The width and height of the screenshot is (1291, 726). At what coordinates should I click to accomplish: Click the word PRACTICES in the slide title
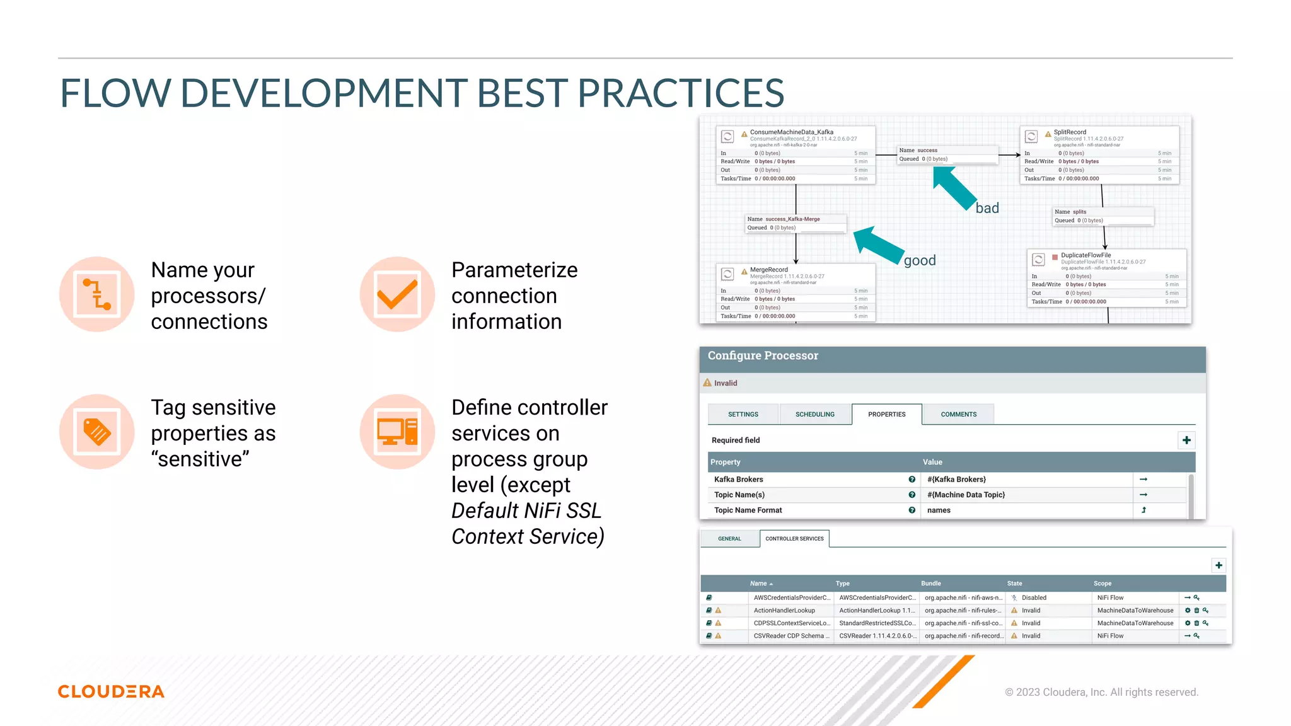pos(680,93)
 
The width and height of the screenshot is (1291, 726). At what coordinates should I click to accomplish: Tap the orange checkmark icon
pos(397,294)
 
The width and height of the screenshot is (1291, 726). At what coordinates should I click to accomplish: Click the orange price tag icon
pos(96,432)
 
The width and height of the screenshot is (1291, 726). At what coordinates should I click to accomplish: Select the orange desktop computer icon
pos(397,432)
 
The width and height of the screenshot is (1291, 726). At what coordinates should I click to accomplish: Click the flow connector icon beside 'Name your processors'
pos(96,294)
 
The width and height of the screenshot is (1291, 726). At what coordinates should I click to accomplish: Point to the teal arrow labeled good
pos(879,245)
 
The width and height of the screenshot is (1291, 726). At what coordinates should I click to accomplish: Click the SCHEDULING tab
pos(814,414)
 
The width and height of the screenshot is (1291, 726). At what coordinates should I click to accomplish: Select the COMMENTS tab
pos(958,414)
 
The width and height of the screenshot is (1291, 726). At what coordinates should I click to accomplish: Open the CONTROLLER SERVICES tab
pos(794,539)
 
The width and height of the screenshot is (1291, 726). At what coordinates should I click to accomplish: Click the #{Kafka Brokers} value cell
pos(956,480)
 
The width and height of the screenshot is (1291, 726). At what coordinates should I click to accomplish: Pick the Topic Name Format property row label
pos(748,510)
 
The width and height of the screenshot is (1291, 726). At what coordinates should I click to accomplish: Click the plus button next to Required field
pos(1186,440)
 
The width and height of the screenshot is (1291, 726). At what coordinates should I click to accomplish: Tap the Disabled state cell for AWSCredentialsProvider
pos(1033,597)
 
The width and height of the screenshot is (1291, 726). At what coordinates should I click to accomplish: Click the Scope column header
pos(1102,584)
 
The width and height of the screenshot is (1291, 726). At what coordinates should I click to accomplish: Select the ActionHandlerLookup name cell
pos(784,611)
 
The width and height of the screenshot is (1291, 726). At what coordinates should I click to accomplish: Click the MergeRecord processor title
pos(768,270)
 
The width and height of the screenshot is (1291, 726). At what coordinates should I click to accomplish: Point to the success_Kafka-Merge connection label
pos(792,219)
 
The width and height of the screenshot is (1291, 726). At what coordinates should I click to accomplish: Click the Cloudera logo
pos(111,691)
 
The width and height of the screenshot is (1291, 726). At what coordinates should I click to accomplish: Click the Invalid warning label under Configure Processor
pos(725,383)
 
